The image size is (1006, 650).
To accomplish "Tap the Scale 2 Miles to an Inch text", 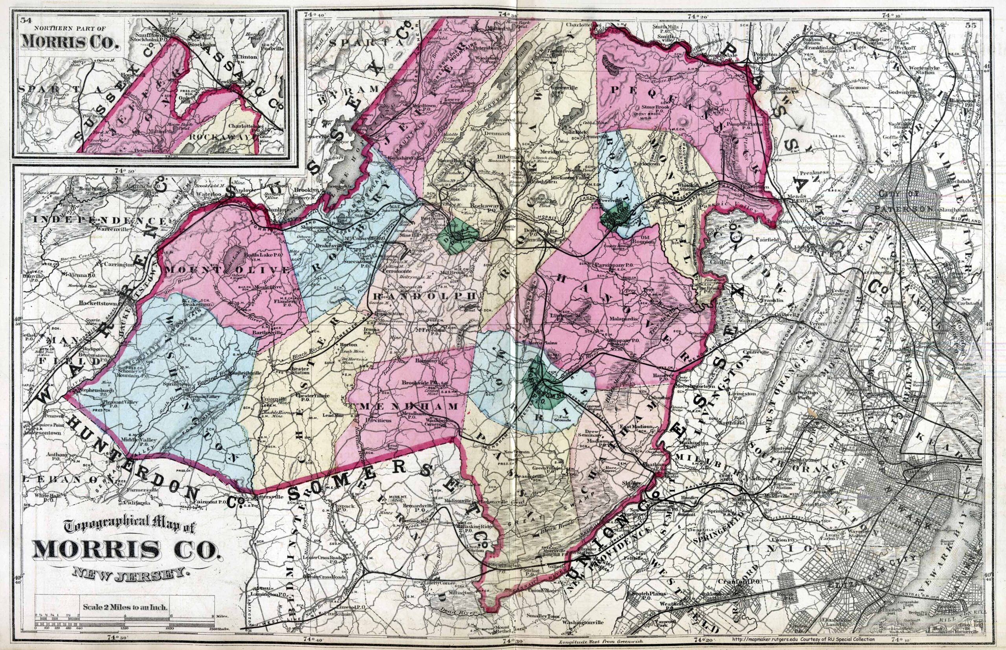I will pos(126,608).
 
